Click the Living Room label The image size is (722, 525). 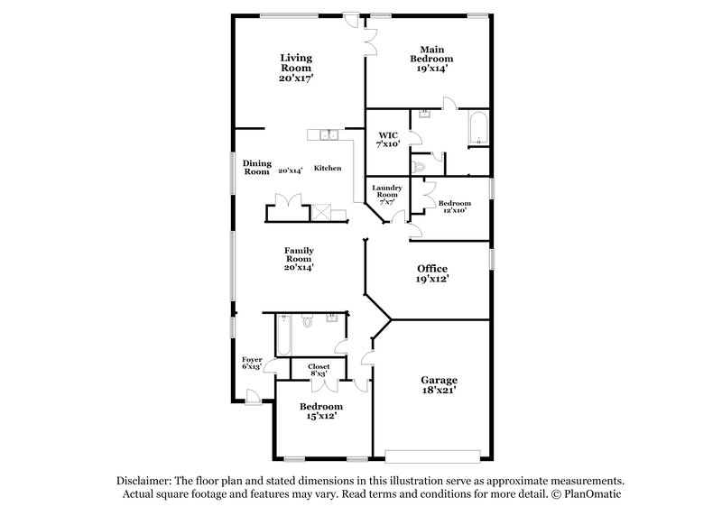click(x=295, y=68)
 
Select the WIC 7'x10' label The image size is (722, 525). click(x=387, y=141)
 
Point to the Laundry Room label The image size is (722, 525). click(x=386, y=195)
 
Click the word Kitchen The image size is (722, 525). click(x=327, y=169)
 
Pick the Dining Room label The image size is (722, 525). click(x=256, y=167)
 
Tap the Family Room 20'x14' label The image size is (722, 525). click(x=298, y=258)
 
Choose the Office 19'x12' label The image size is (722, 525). click(x=432, y=274)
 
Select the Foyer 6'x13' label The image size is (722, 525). click(x=252, y=363)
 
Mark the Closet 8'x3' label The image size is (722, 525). click(x=319, y=370)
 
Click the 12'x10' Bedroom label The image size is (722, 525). click(x=453, y=207)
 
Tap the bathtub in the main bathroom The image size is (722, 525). click(x=477, y=128)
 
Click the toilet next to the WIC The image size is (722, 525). click(x=418, y=166)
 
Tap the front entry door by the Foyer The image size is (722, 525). click(x=254, y=395)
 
